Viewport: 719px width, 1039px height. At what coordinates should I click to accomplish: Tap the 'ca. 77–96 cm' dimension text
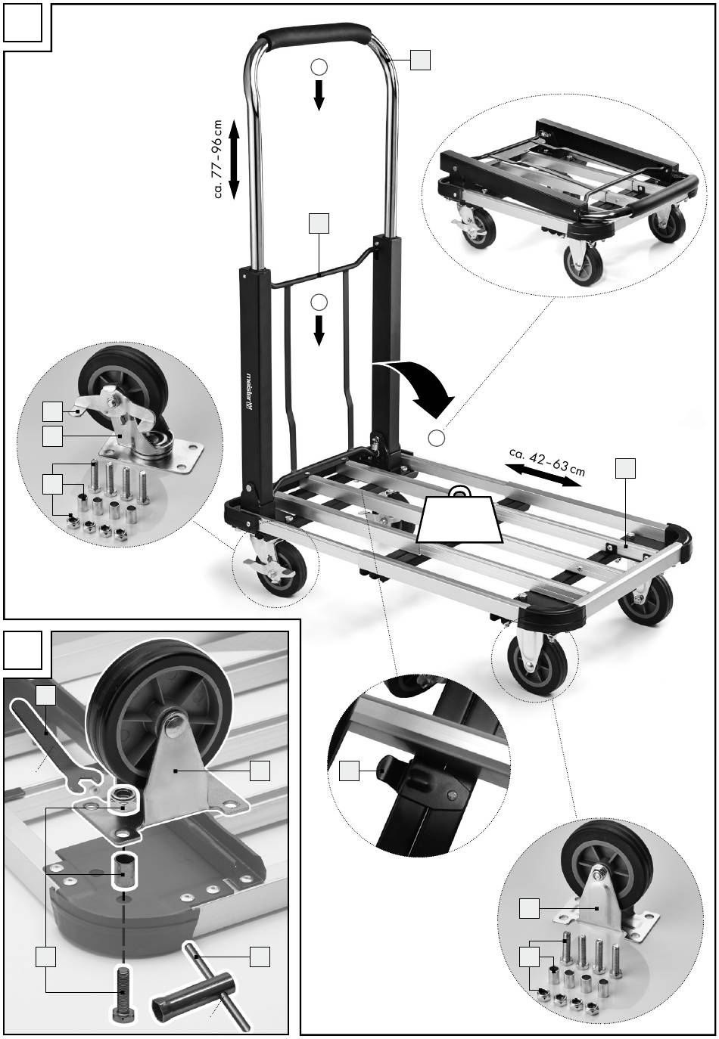point(218,159)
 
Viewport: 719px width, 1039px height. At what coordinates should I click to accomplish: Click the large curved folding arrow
point(418,383)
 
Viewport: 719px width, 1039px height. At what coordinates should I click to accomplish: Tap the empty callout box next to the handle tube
point(420,60)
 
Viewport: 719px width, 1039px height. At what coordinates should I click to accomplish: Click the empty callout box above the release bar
point(319,223)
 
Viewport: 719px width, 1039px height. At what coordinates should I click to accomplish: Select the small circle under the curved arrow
point(436,437)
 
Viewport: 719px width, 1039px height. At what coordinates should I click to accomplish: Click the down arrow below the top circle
point(319,95)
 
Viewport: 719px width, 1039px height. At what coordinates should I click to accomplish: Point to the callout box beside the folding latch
point(349,771)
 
